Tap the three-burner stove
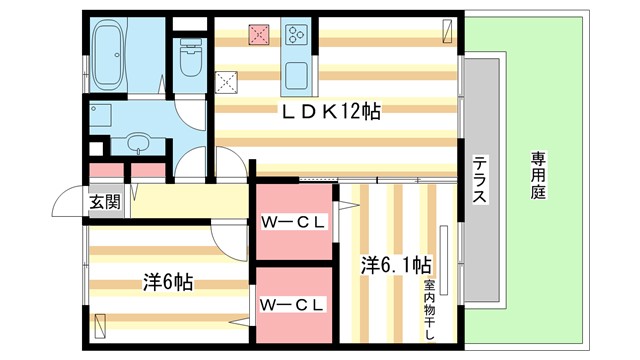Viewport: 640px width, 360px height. point(297,35)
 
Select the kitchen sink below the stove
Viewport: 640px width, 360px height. point(297,76)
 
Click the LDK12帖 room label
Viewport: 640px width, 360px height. point(334,110)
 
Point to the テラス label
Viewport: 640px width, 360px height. point(479,181)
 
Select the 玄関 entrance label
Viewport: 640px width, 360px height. point(104,202)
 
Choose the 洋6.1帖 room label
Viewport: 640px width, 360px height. point(396,266)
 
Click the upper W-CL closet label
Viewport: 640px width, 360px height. point(291,222)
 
